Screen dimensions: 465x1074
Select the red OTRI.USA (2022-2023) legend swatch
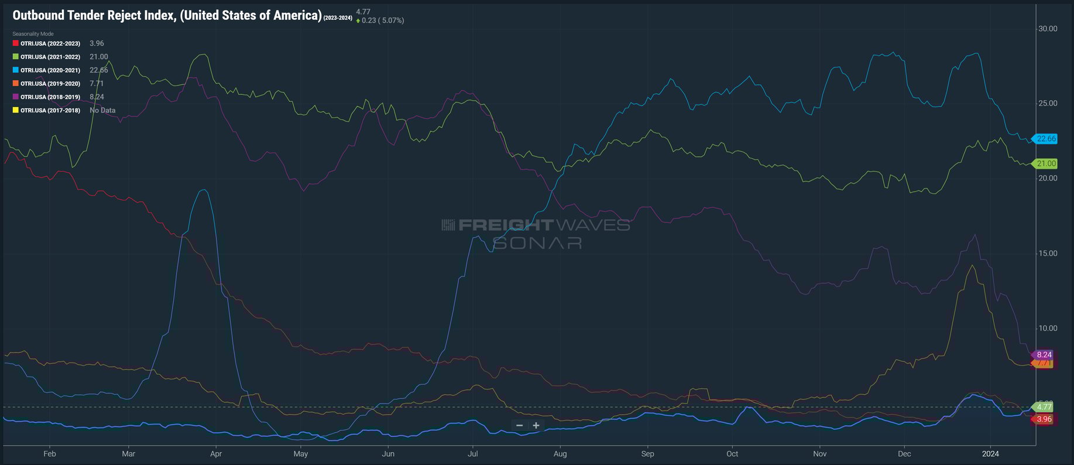[x=16, y=43]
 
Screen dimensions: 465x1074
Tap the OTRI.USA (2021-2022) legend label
[x=50, y=57]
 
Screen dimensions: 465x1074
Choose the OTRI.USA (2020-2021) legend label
[x=50, y=70]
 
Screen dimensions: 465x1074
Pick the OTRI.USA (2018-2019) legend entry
[x=50, y=97]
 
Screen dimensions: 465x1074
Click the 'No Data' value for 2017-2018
[x=102, y=110]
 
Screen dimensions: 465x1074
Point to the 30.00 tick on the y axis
[x=1048, y=29]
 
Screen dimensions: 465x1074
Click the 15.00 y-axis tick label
[x=1048, y=254]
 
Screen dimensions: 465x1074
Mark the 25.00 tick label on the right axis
[x=1048, y=104]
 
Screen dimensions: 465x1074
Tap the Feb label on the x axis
[x=50, y=454]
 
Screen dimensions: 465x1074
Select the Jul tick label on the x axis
[x=473, y=454]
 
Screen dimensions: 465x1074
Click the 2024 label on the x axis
[x=990, y=454]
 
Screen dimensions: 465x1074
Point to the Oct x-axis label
[x=732, y=454]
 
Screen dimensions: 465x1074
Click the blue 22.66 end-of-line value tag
[x=1045, y=139]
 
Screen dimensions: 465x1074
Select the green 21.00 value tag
[x=1045, y=164]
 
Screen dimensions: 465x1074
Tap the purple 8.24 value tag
[x=1044, y=355]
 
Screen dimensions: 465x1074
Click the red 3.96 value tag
[x=1044, y=419]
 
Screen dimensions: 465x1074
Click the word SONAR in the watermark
[x=537, y=242]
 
